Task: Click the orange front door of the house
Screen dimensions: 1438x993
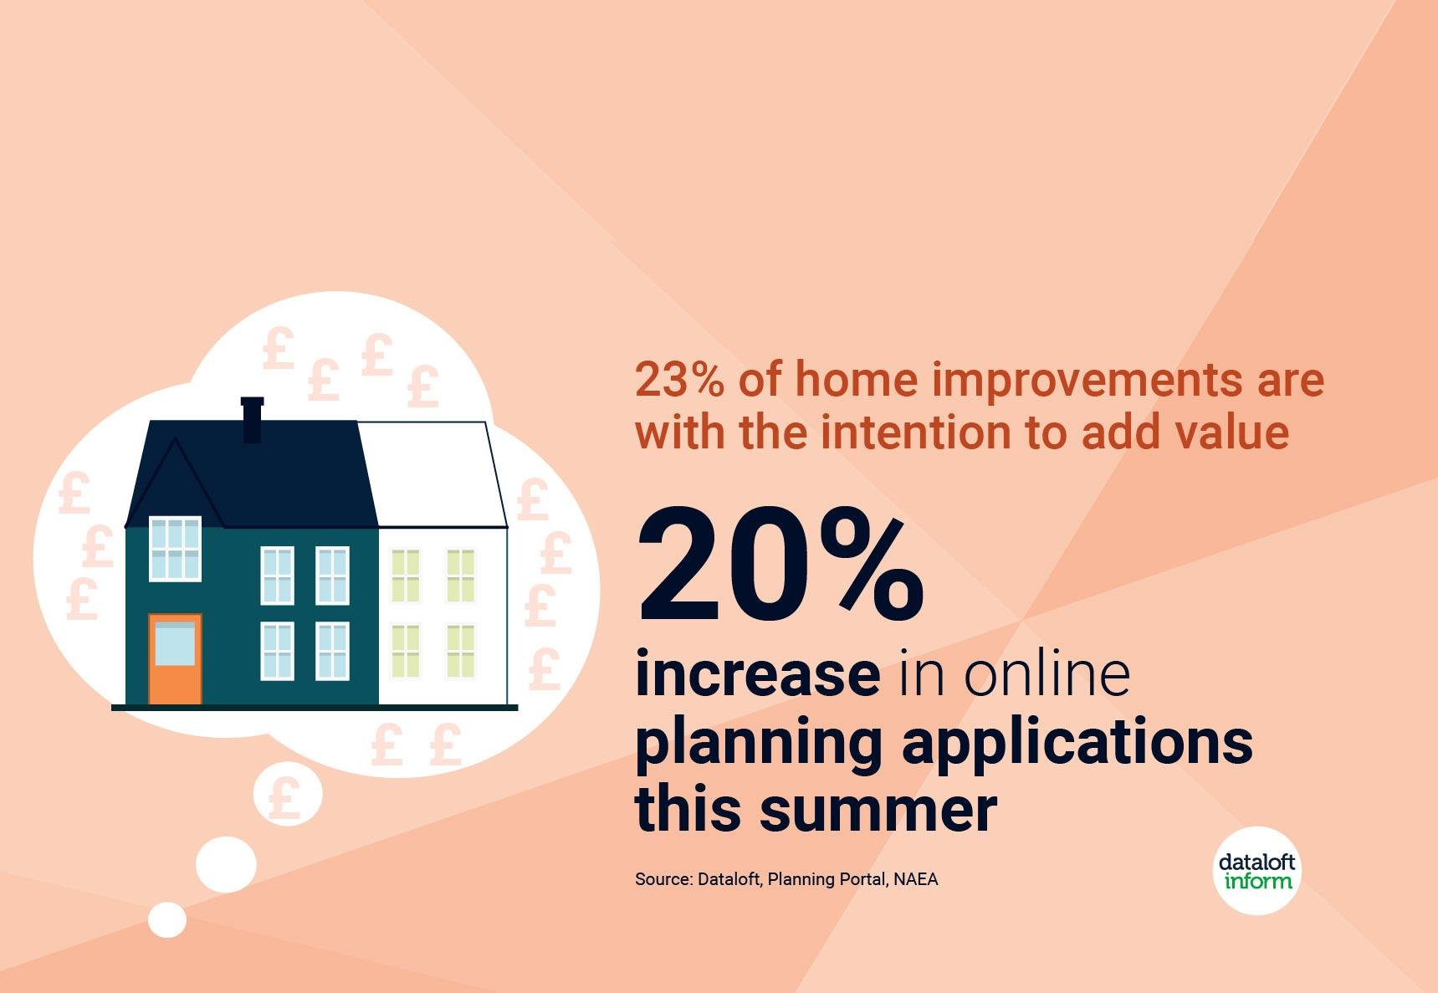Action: click(x=175, y=659)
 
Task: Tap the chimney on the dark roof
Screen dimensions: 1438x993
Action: click(x=252, y=419)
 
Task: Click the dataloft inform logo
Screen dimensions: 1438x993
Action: click(x=1257, y=871)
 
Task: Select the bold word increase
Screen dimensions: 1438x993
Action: click(x=758, y=673)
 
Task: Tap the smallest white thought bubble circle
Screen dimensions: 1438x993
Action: click(x=167, y=919)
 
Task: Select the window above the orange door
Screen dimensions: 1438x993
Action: click(x=175, y=549)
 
